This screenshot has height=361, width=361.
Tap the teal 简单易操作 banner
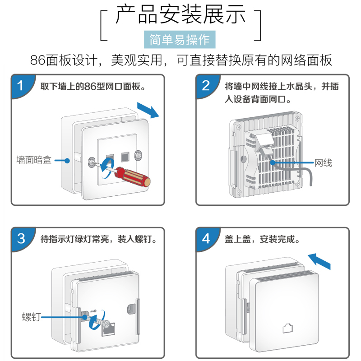coord(180,40)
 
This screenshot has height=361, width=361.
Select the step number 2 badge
coord(205,85)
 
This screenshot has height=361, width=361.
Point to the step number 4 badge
coord(205,239)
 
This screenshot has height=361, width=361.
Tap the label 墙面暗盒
coord(34,160)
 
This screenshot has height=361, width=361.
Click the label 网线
coord(323,162)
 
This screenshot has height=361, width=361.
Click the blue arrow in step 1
coord(148,109)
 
